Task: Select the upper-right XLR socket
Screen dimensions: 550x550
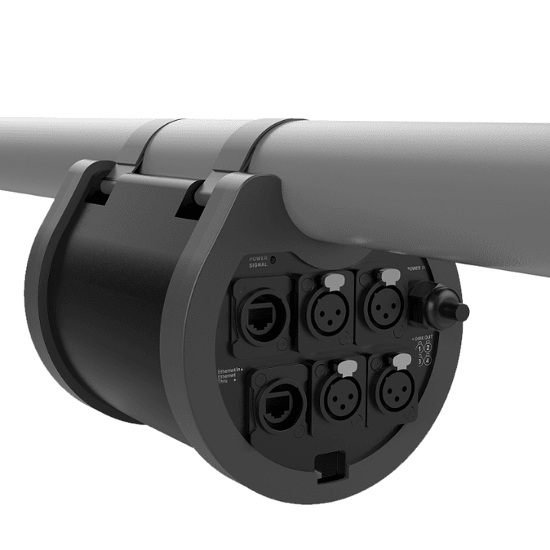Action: pyautogui.click(x=382, y=306)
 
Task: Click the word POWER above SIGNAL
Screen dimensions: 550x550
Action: pyautogui.click(x=260, y=260)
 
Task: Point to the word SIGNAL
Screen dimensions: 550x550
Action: pyautogui.click(x=259, y=268)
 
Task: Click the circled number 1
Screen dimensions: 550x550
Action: pyautogui.click(x=418, y=348)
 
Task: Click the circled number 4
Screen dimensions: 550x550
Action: pyautogui.click(x=427, y=360)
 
